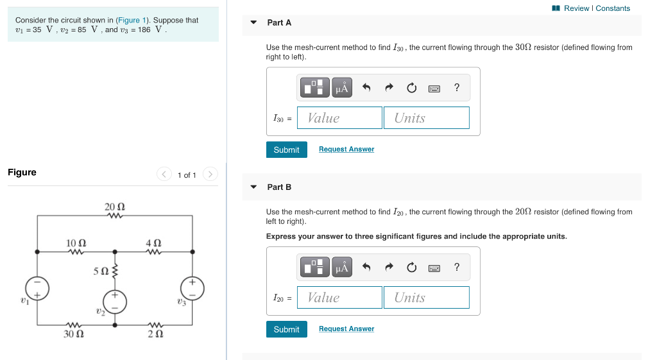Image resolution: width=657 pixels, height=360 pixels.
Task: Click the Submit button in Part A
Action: (x=286, y=150)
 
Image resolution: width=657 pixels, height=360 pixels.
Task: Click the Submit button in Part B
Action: (x=286, y=329)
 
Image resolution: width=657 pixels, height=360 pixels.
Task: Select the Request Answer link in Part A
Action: (x=346, y=150)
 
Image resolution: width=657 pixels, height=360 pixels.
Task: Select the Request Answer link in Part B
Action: (x=346, y=329)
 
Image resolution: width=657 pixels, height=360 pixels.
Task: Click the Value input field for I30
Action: (x=340, y=118)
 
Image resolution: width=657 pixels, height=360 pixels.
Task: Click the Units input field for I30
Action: (x=426, y=118)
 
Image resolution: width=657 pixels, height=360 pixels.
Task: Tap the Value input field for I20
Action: (x=340, y=298)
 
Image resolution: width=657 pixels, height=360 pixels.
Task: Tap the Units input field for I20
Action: (x=426, y=298)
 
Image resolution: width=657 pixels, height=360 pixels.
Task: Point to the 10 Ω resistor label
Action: (x=76, y=243)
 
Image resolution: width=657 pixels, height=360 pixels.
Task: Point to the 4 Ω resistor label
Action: (x=153, y=243)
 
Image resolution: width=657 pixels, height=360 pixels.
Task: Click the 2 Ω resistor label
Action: (x=154, y=334)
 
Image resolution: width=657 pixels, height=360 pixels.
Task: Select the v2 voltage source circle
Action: (x=115, y=301)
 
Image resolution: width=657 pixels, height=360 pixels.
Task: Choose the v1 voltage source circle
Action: (x=38, y=288)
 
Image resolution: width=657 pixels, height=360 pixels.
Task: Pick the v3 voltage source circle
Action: (x=193, y=288)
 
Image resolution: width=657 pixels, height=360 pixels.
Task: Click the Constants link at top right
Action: (x=613, y=8)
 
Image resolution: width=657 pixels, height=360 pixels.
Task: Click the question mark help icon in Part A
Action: (x=456, y=88)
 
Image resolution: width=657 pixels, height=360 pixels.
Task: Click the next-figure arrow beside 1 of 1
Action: (x=210, y=175)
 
